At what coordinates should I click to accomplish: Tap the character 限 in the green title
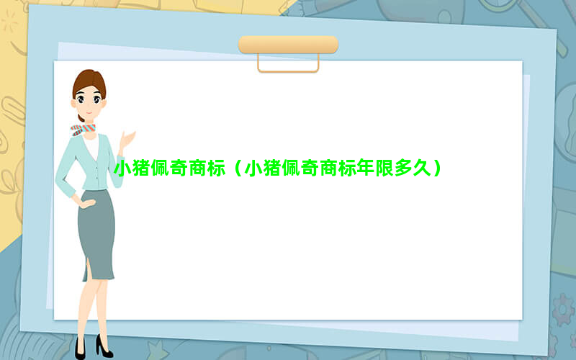click(x=384, y=168)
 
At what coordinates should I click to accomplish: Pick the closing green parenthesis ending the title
click(x=437, y=168)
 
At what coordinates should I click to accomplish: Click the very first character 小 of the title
click(x=122, y=168)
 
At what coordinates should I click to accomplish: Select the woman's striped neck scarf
click(x=83, y=130)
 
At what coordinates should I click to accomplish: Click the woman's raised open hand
click(x=127, y=140)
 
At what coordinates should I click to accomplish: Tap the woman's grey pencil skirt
click(x=96, y=235)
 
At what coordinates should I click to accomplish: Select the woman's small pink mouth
click(x=89, y=113)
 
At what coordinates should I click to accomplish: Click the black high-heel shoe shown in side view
click(x=104, y=347)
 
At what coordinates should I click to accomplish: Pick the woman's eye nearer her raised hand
click(x=97, y=99)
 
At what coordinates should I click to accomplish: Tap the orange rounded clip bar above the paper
click(x=289, y=45)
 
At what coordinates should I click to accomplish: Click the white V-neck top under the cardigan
click(x=91, y=146)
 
